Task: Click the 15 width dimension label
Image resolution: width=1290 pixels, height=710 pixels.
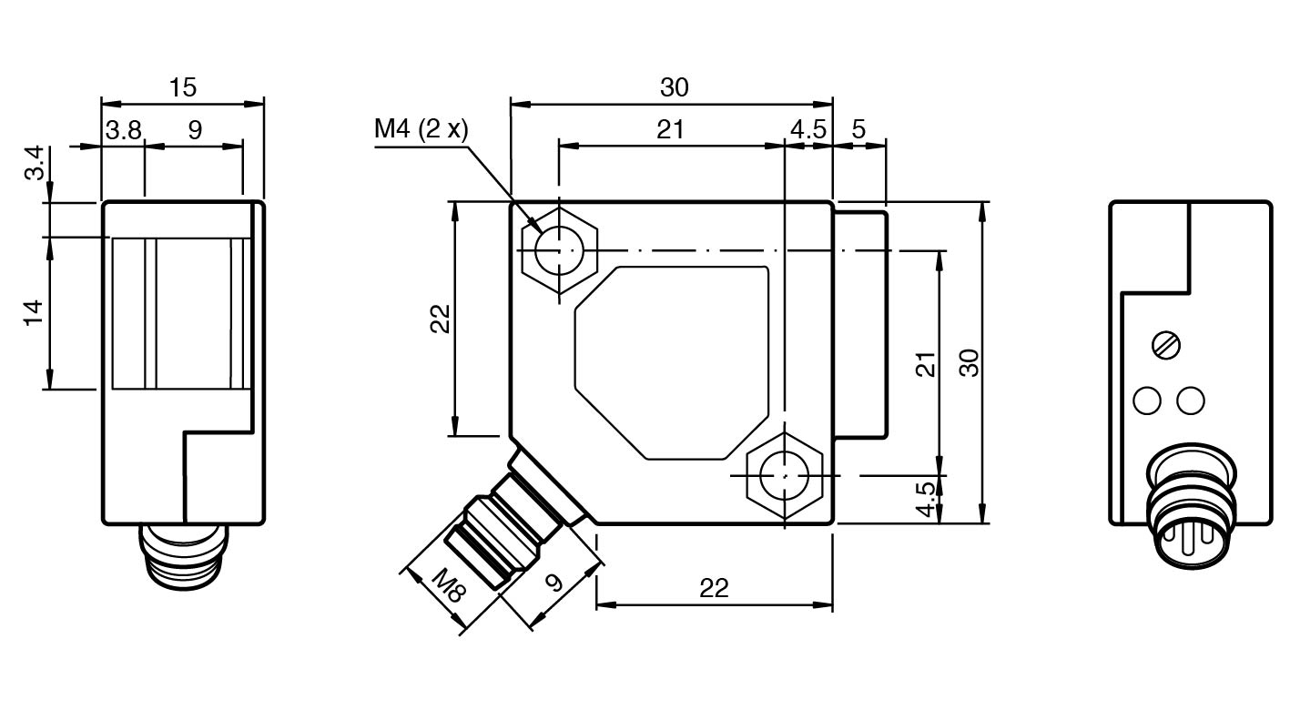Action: (183, 87)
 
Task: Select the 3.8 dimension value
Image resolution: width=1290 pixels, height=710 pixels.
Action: (123, 130)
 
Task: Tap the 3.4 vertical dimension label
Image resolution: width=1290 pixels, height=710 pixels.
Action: (35, 163)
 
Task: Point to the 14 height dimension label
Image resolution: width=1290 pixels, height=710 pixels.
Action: (34, 313)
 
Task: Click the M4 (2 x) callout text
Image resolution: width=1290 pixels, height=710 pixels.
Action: (421, 128)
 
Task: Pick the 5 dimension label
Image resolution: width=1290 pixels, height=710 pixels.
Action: (858, 129)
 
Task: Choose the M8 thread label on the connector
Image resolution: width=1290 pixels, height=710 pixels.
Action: (449, 585)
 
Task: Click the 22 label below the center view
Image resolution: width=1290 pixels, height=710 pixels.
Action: (714, 589)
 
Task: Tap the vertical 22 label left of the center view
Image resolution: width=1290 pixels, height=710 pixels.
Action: (441, 319)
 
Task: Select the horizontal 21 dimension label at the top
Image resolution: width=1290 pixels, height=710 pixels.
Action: (670, 129)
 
